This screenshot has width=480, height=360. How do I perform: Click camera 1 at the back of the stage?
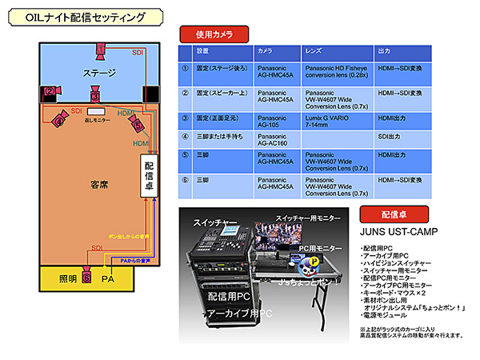101,50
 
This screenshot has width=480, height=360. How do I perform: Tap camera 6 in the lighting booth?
87,278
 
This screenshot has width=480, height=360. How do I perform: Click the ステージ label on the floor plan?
99,74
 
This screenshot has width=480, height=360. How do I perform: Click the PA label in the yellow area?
108,278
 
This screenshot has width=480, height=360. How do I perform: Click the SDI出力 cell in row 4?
391,138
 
